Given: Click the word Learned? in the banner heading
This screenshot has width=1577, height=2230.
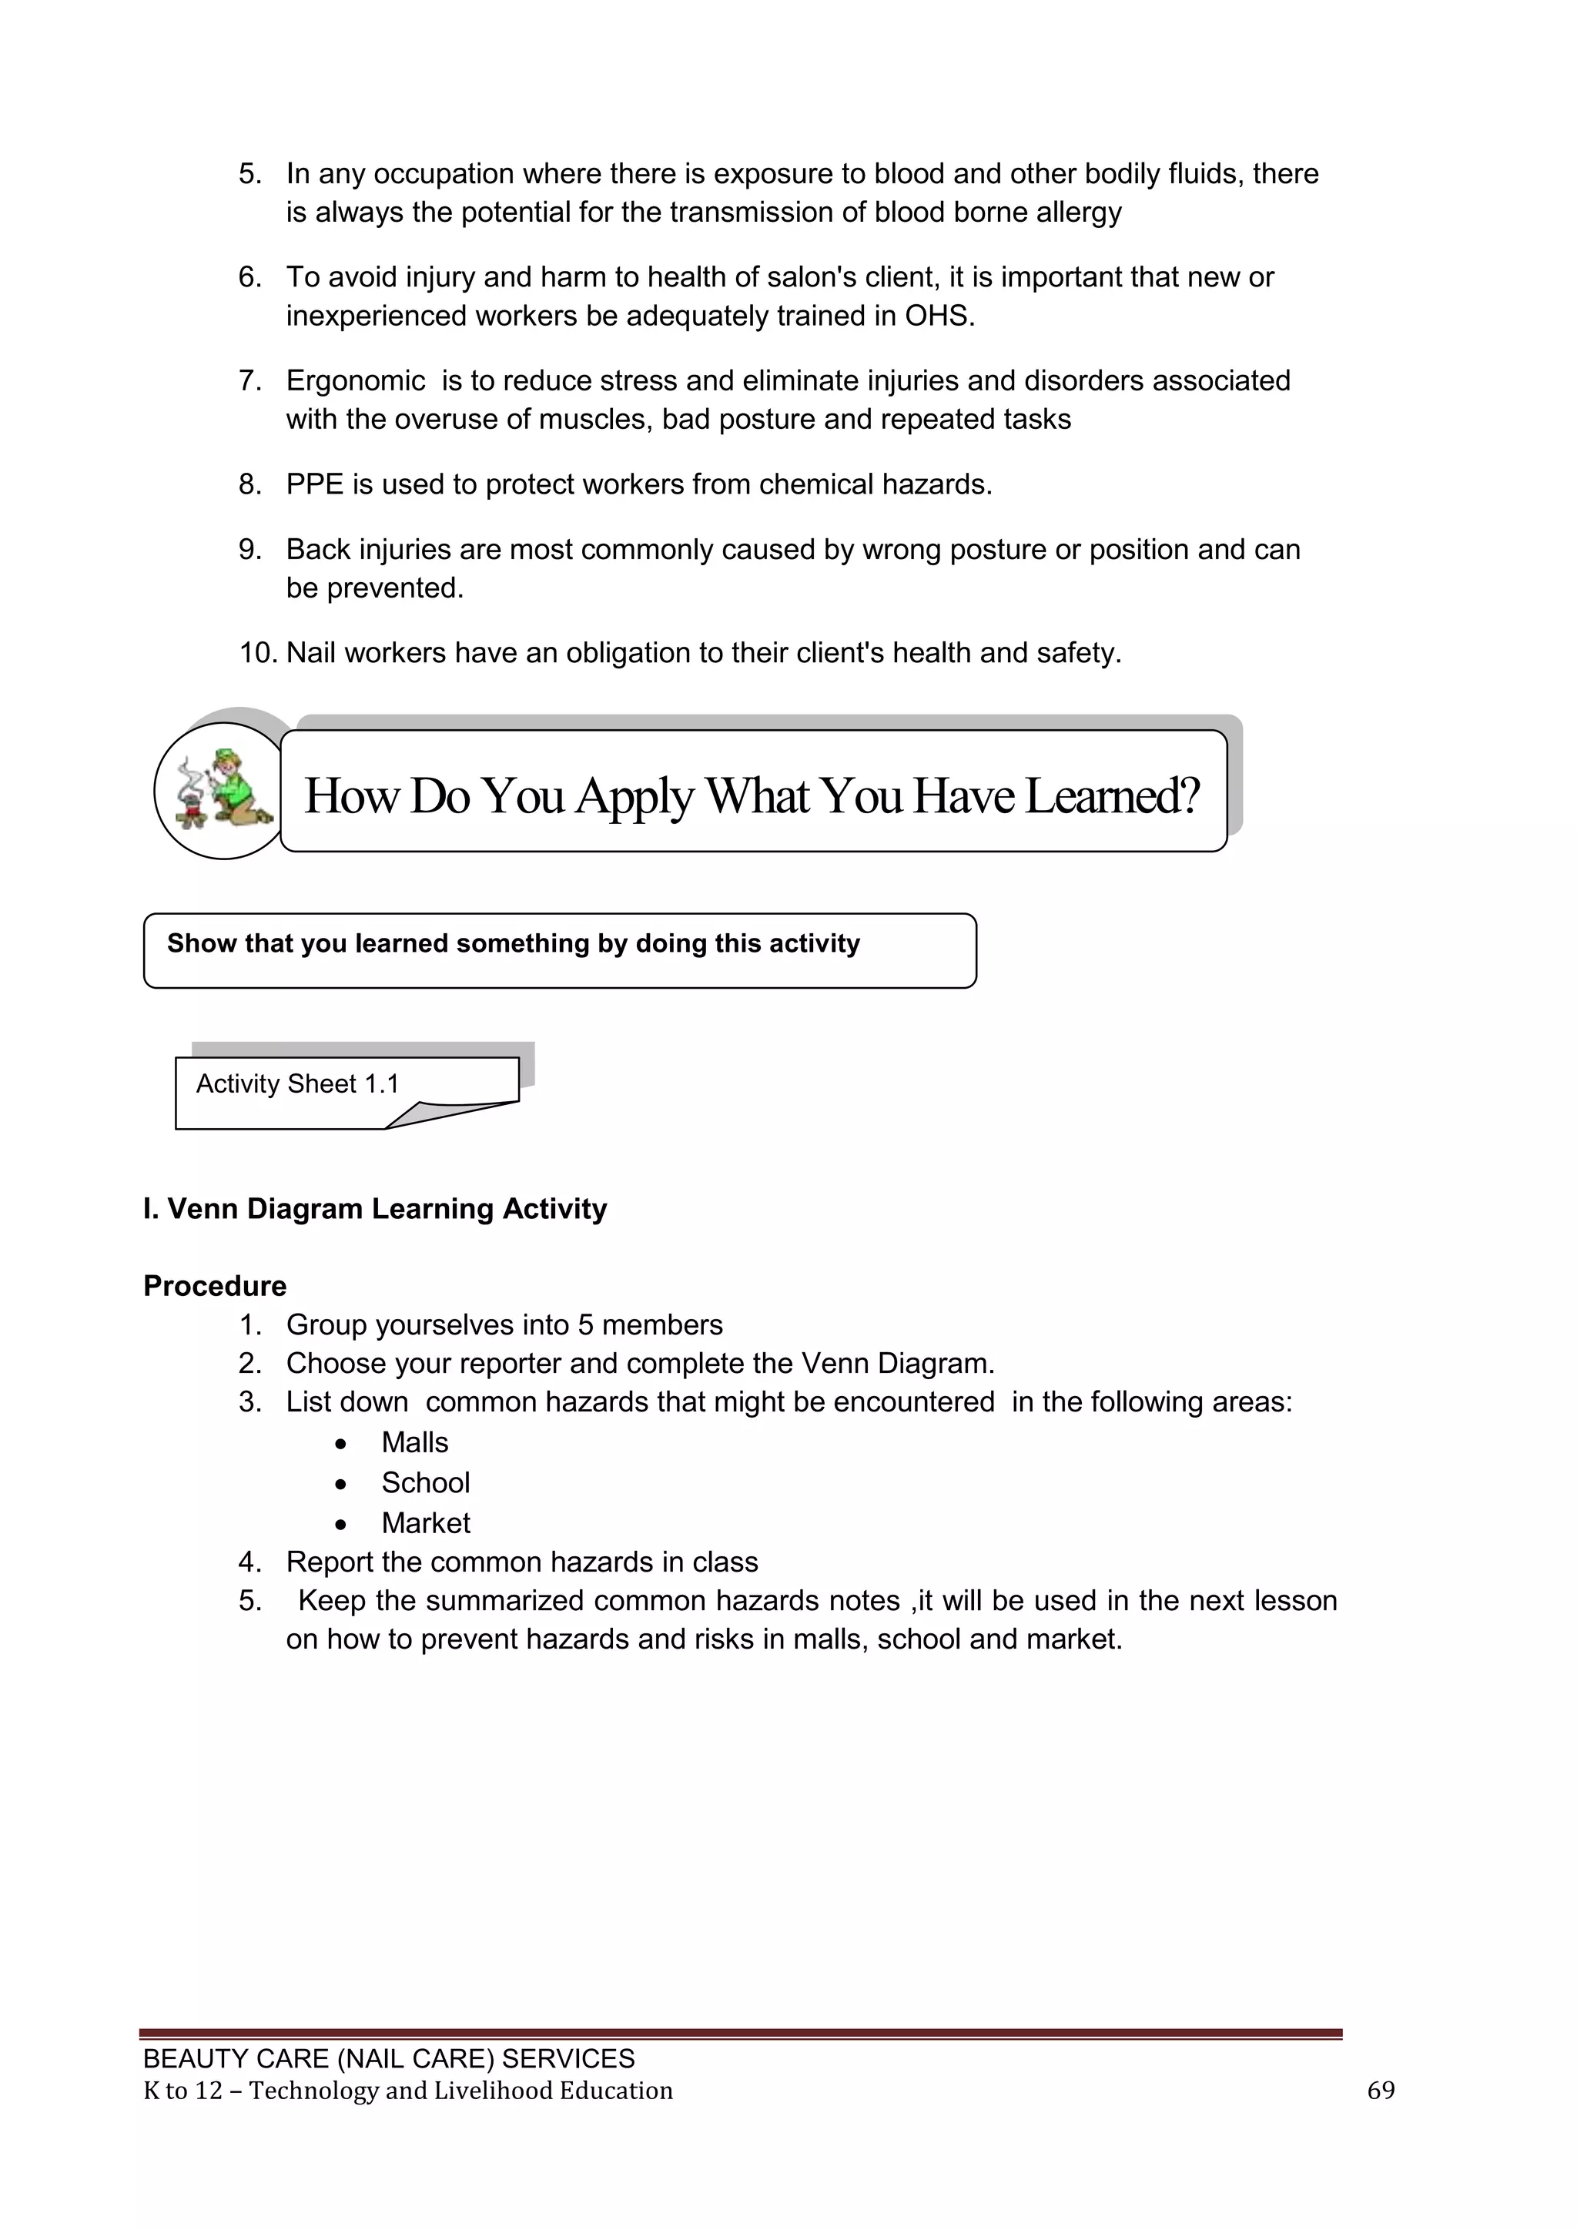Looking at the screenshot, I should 1112,795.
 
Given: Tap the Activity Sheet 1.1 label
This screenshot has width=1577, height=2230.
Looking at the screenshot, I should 297,1084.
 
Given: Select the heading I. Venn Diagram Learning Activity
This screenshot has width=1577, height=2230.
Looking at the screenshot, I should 375,1208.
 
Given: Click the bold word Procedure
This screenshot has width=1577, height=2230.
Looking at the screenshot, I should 215,1286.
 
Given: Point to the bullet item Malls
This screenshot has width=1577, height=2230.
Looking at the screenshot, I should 414,1442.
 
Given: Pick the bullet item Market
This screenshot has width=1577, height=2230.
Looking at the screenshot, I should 425,1523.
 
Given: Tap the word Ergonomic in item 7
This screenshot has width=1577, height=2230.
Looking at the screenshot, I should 356,380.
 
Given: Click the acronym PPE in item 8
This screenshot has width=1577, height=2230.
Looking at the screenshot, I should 315,484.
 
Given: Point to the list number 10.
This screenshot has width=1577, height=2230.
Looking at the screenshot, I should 258,653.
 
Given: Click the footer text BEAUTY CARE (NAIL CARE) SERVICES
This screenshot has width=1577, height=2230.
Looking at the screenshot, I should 388,2059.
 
